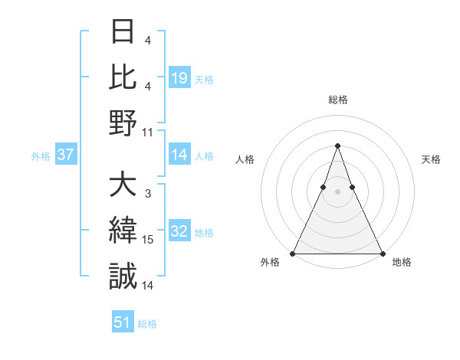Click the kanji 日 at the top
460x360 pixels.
tap(123, 33)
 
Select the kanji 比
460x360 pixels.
tap(123, 77)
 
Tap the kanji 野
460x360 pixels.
tap(123, 123)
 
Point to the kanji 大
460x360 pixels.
tap(123, 185)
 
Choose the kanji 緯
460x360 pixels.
tap(123, 231)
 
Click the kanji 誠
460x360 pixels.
tap(123, 276)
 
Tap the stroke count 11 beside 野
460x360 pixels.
tap(148, 132)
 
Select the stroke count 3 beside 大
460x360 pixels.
tap(147, 195)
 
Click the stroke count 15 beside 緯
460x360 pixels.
tap(148, 240)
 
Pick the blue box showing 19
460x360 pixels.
tap(179, 78)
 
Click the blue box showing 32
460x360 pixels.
tap(179, 232)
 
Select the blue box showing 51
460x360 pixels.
tap(122, 322)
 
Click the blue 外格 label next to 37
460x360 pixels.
tap(41, 156)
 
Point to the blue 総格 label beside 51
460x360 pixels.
tap(147, 324)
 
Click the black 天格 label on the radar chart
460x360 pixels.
tap(431, 159)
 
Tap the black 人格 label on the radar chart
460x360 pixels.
tap(245, 159)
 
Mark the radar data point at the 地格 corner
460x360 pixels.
tap(382, 253)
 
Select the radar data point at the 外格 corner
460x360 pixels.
tap(293, 253)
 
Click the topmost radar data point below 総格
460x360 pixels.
tap(337, 146)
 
